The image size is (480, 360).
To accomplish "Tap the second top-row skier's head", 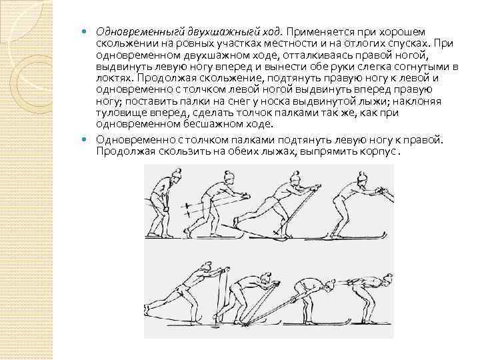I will coord(229,177).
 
